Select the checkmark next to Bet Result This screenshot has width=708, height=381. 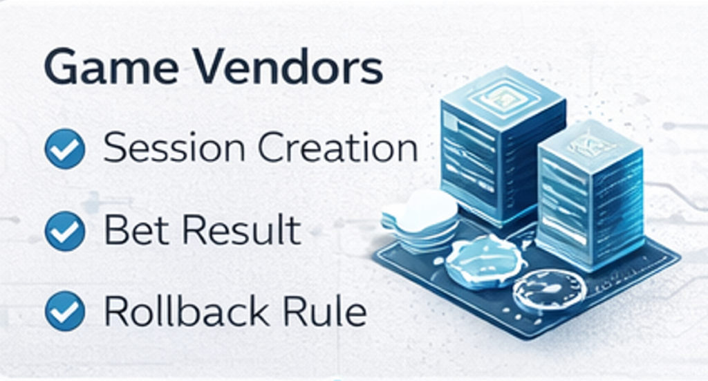65,231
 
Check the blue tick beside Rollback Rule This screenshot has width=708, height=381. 65,313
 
